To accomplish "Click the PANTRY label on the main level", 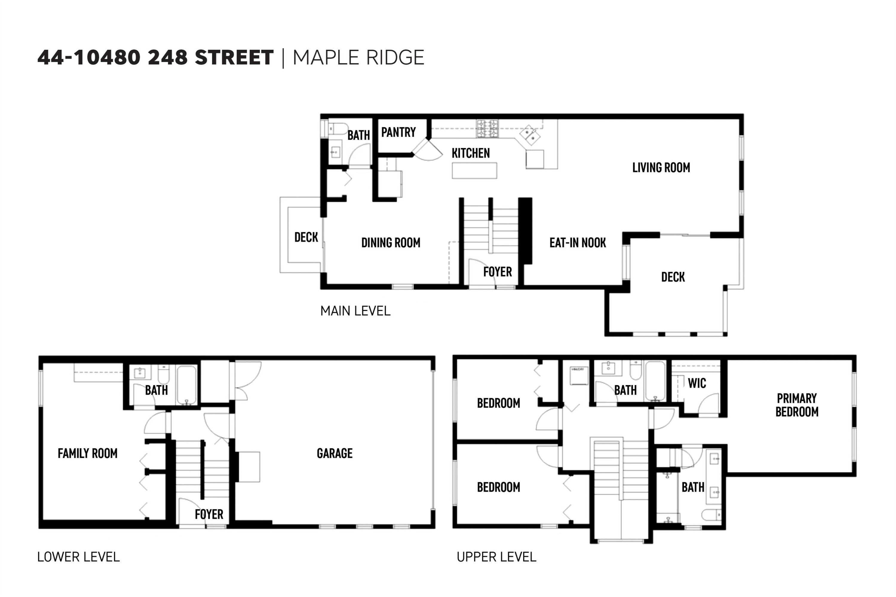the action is [398, 132].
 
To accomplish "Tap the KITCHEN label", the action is [471, 153].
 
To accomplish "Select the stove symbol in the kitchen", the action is [487, 128].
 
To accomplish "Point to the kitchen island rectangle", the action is [474, 170].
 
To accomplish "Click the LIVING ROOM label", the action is [661, 167].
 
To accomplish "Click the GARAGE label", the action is [335, 453].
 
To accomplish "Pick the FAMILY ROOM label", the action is [88, 453].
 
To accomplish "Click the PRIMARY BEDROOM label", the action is [797, 405].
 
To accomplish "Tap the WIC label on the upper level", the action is [697, 383].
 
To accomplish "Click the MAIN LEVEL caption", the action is [355, 311].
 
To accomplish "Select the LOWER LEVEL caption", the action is [79, 557].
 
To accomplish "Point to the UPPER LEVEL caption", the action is [496, 557].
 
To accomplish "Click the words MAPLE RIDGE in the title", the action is [358, 58].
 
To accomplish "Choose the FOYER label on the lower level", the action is [209, 514].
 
